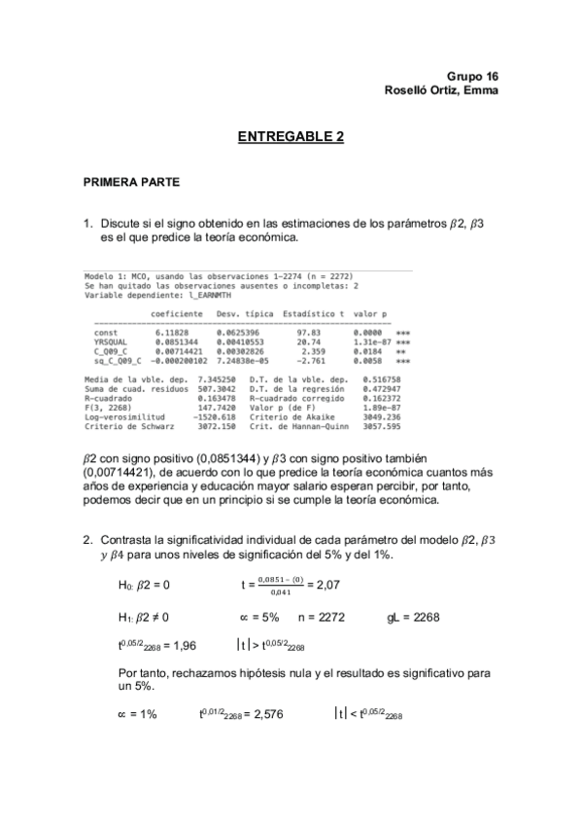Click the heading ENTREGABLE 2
click(291, 138)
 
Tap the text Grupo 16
click(473, 76)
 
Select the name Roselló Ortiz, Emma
click(442, 90)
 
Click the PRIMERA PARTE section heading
click(131, 181)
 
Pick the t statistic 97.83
click(309, 333)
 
